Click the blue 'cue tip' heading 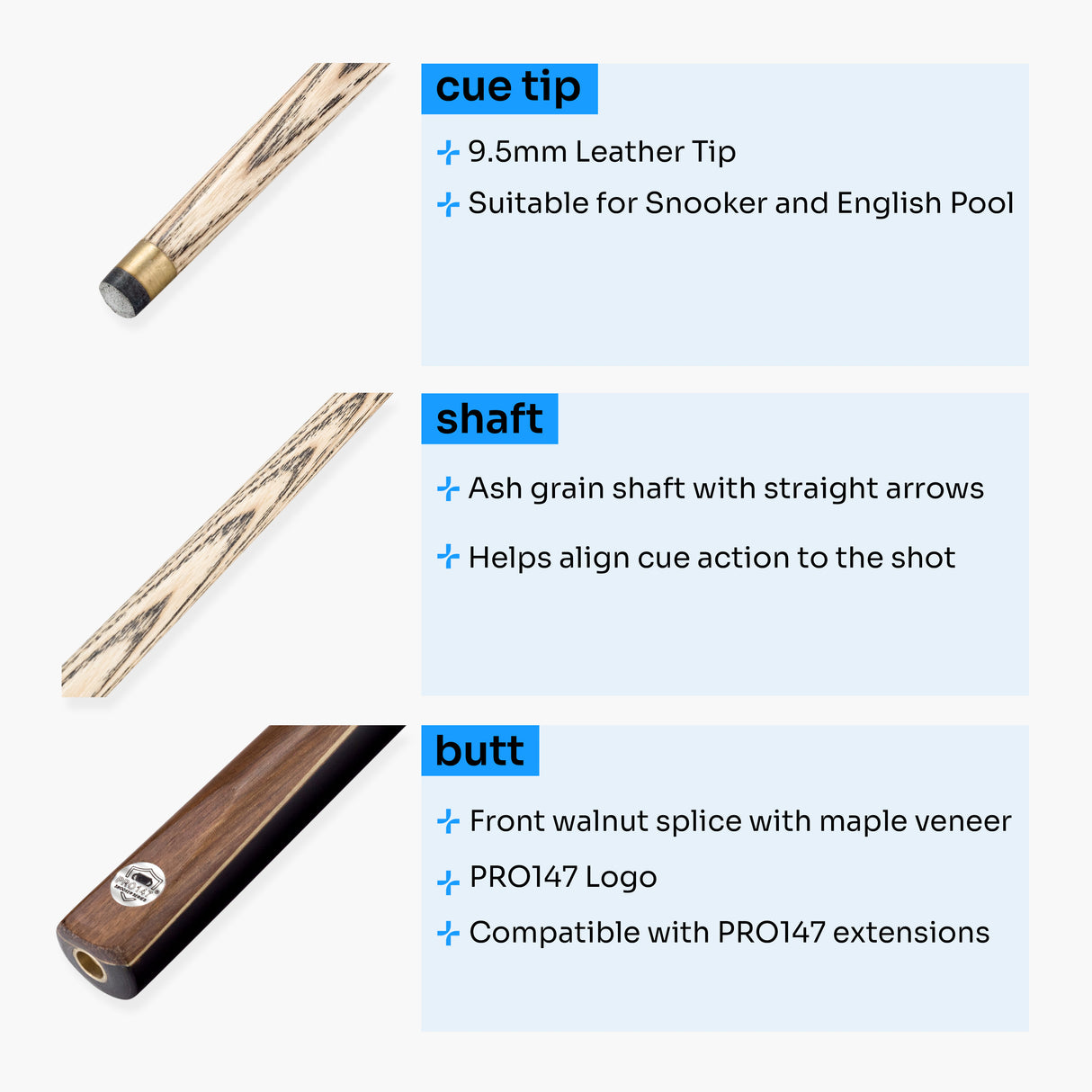coord(508,88)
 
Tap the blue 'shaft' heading coord(489,418)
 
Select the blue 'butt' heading coord(479,750)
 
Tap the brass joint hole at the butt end coord(89,965)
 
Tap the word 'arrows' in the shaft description coord(935,488)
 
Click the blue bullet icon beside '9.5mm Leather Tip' coord(448,153)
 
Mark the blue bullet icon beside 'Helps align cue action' coord(448,558)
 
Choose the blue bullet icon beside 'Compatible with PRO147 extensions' coord(448,934)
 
